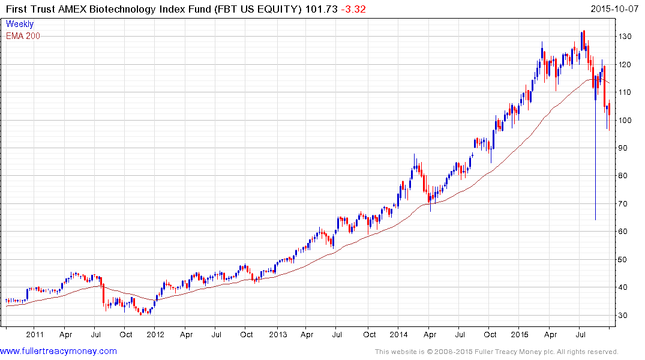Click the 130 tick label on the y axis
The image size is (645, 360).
point(626,37)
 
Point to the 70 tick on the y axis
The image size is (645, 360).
point(625,204)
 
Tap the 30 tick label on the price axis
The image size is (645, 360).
point(625,316)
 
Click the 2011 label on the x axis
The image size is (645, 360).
point(35,335)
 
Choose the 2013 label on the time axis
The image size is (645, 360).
point(277,335)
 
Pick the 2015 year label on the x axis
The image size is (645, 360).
point(520,335)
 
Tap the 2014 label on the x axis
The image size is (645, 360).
point(399,335)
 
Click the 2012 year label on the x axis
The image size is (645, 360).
point(155,335)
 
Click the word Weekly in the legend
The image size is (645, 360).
point(20,25)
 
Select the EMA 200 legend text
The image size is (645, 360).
point(23,36)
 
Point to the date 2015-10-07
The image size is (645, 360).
point(616,9)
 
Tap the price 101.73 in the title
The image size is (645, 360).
point(321,9)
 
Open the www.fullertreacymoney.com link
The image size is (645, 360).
point(58,351)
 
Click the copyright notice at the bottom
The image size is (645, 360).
point(497,352)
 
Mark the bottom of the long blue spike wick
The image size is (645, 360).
point(595,220)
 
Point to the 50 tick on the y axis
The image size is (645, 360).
point(625,260)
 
